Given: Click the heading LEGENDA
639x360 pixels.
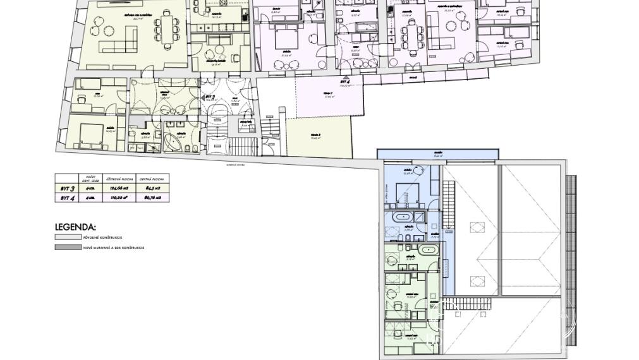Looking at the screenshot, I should click(x=75, y=227).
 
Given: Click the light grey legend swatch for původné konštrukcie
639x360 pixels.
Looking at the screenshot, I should click(x=68, y=237).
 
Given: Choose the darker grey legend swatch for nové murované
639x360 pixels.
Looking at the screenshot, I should click(x=68, y=248).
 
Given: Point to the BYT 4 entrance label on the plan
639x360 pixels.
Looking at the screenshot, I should click(x=344, y=81).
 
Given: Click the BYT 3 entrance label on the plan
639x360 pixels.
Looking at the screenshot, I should click(x=210, y=97).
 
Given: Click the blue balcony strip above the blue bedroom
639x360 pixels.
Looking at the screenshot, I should click(x=437, y=155).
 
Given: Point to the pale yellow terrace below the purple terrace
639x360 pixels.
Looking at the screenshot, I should click(x=318, y=137).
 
